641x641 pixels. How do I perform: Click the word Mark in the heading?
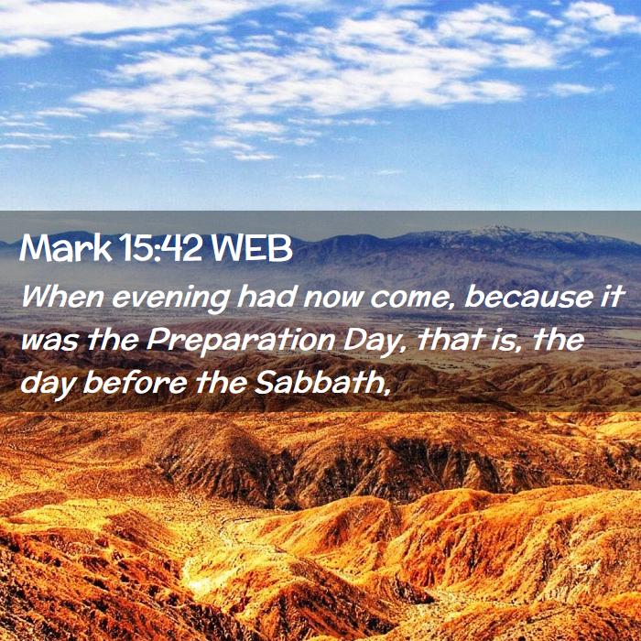point(65,248)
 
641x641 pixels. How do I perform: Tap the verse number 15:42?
point(162,248)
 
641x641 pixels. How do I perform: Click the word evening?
point(170,299)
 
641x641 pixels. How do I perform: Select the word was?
point(49,343)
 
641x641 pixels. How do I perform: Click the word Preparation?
point(240,342)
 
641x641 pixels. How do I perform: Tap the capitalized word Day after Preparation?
point(372,342)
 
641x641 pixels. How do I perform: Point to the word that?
point(447,340)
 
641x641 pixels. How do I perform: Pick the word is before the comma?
point(500,340)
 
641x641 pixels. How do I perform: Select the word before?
point(135,384)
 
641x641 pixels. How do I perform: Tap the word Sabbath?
point(318,384)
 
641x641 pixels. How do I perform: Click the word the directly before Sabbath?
point(221,384)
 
